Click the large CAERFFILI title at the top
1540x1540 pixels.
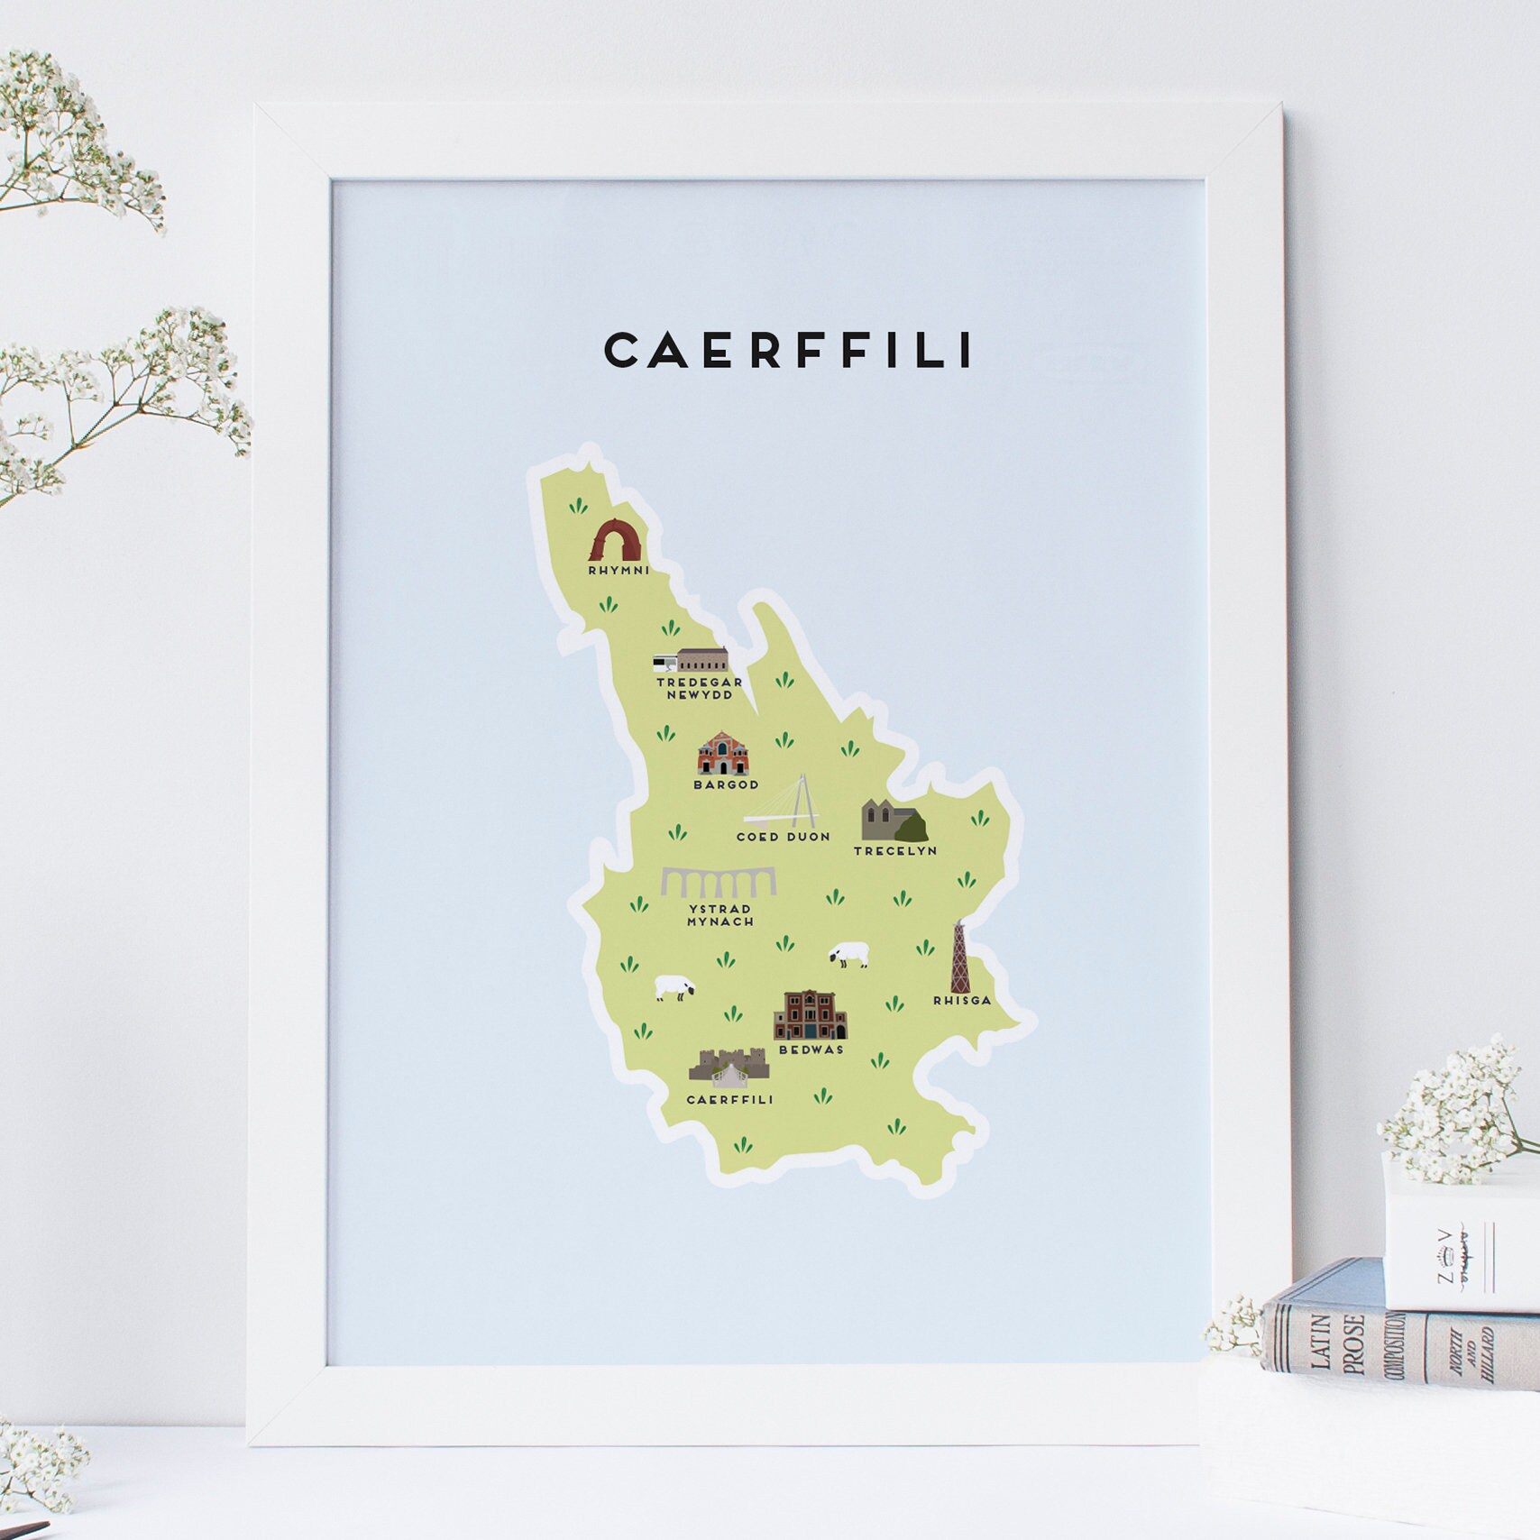[788, 351]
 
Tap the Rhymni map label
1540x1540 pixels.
[619, 571]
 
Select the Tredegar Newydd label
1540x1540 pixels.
[700, 688]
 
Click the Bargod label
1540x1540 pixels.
[726, 784]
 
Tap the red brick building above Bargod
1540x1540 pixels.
[723, 754]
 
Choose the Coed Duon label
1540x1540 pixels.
[783, 837]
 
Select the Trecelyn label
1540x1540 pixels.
[895, 850]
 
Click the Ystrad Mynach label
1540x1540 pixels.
[720, 915]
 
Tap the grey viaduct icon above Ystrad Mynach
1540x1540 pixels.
[718, 883]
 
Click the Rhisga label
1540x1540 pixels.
[962, 1000]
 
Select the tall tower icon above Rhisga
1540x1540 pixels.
[959, 958]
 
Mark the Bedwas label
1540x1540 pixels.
[811, 1050]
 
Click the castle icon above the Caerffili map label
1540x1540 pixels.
[729, 1068]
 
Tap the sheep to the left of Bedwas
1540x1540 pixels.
[674, 987]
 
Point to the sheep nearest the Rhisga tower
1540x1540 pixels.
[849, 954]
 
